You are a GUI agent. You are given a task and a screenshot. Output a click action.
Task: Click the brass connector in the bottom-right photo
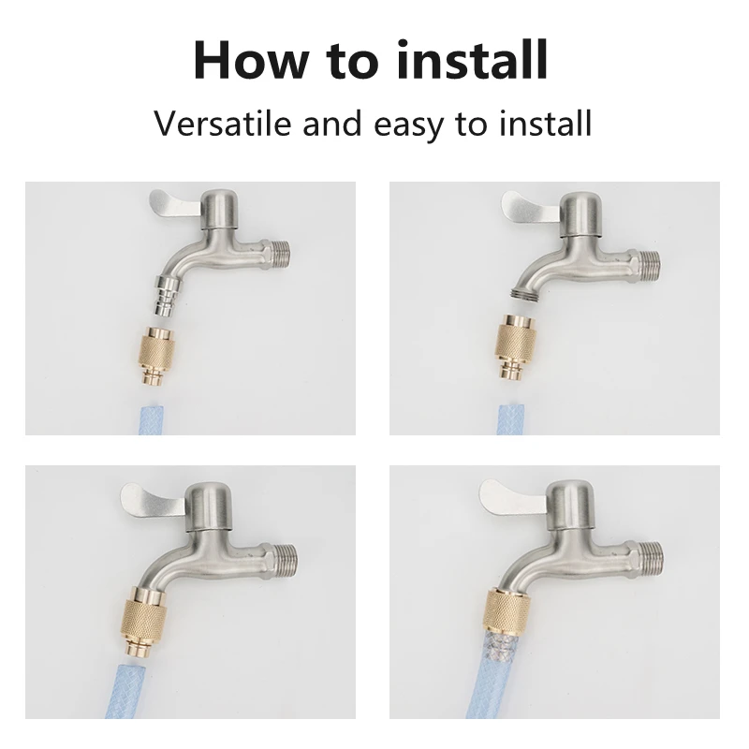pos(507,609)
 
